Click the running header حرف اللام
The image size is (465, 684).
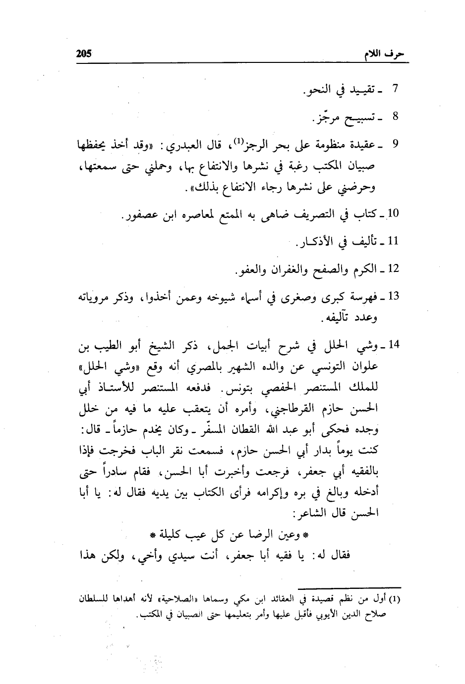click(385, 54)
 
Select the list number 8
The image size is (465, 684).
click(396, 117)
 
